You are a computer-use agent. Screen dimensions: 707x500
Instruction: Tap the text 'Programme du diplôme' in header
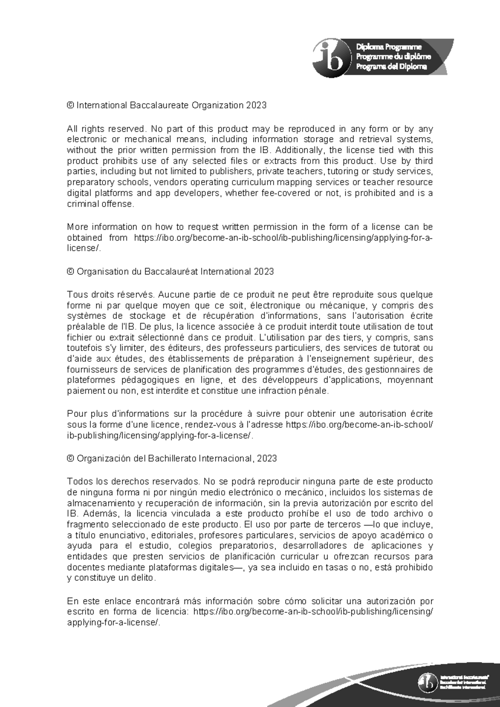[393, 57]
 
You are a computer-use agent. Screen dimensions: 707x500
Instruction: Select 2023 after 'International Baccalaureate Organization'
[256, 105]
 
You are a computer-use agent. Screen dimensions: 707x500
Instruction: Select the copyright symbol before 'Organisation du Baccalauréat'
[70, 272]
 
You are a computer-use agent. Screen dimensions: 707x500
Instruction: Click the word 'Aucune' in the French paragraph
[172, 295]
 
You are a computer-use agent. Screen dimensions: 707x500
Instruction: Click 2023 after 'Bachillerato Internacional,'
[267, 459]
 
